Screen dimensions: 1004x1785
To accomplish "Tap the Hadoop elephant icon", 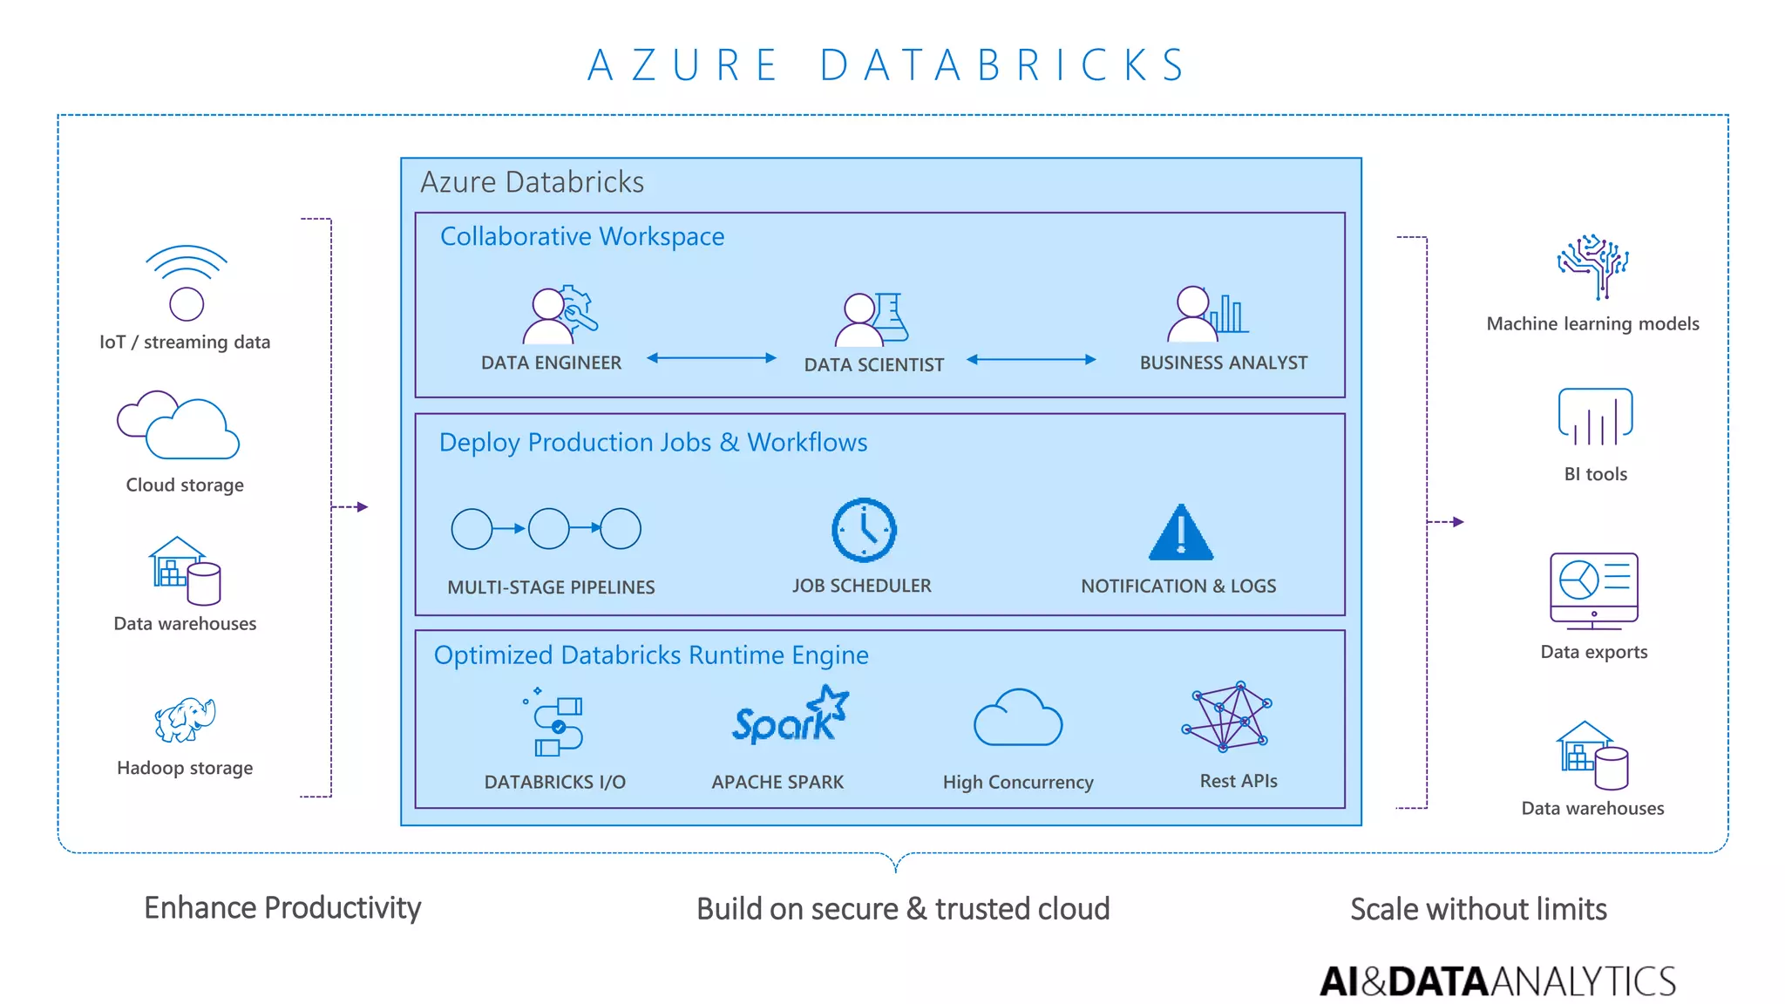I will (185, 719).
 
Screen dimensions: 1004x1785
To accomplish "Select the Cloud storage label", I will (185, 485).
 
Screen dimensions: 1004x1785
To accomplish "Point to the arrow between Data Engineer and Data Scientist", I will (711, 358).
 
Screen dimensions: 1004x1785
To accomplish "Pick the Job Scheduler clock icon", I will (863, 530).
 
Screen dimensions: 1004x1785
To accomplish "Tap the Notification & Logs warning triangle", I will (1180, 533).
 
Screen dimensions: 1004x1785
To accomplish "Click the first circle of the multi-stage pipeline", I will (472, 529).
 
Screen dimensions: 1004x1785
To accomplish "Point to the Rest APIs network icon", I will (1228, 716).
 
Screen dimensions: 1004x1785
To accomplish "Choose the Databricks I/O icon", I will (555, 724).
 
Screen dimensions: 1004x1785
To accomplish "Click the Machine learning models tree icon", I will (1592, 266).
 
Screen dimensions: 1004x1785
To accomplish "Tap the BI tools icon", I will (1595, 417).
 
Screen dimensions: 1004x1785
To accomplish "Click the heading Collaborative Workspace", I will (582, 236).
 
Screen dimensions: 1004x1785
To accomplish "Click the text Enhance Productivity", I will (282, 908).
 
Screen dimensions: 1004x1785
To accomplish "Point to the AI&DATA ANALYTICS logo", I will (1497, 981).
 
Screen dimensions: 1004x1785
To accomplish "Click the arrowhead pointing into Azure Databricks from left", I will (363, 506).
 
